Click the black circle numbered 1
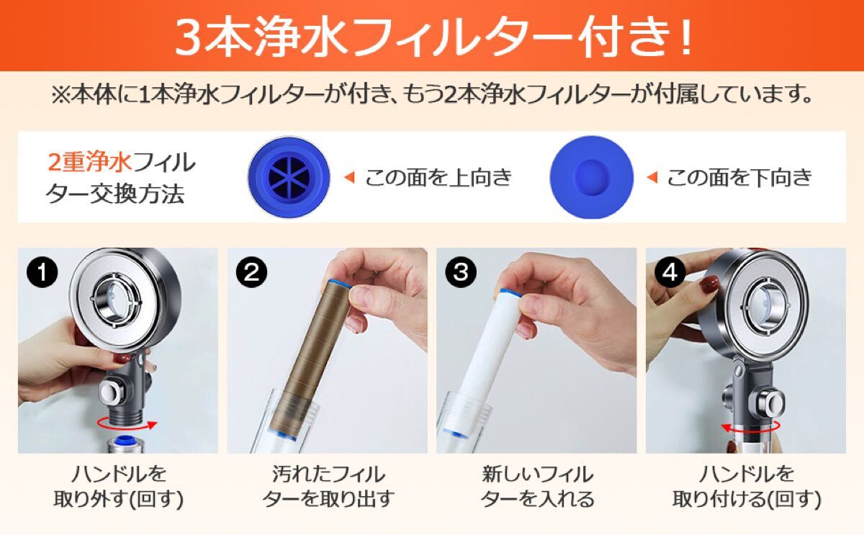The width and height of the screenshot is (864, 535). pyautogui.click(x=42, y=273)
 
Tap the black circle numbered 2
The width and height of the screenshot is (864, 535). pyautogui.click(x=251, y=273)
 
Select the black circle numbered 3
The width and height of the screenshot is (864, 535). pyautogui.click(x=461, y=273)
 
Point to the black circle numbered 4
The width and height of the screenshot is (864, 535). pyautogui.click(x=670, y=273)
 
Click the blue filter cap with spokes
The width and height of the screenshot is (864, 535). pyautogui.click(x=289, y=177)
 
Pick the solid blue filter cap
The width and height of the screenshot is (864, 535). pyautogui.click(x=591, y=177)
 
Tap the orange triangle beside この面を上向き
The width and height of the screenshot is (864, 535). pyautogui.click(x=349, y=177)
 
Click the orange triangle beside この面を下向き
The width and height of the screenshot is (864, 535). pyautogui.click(x=652, y=177)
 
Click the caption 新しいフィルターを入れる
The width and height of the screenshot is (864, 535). pyautogui.click(x=537, y=487)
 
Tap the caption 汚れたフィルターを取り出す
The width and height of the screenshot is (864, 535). pyautogui.click(x=328, y=487)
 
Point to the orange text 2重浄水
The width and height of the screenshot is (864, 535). pyautogui.click(x=89, y=162)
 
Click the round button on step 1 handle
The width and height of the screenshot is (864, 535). pyautogui.click(x=112, y=392)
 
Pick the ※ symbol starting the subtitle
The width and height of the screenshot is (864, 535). pyautogui.click(x=61, y=95)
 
